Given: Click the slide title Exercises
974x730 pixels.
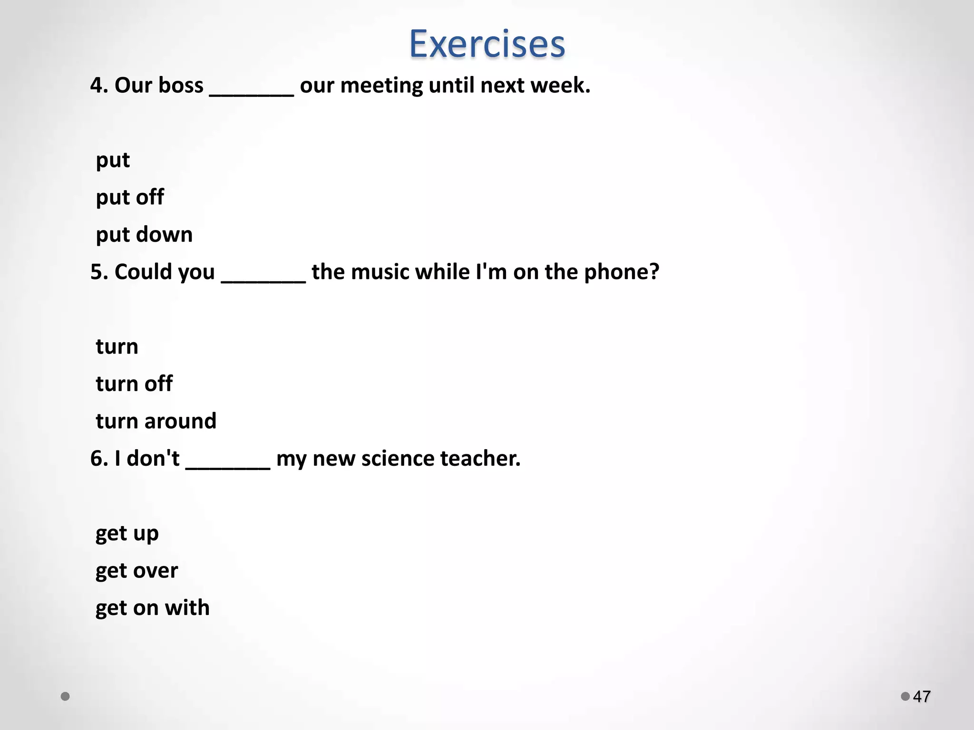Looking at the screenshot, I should click(x=487, y=44).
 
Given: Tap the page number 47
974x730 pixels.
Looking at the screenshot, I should click(x=922, y=697).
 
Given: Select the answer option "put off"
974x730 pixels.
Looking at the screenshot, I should click(x=130, y=197).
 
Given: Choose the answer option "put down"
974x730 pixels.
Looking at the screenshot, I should click(x=144, y=235).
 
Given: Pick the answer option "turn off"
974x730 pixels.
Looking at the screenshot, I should click(x=134, y=384).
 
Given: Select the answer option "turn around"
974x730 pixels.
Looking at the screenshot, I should click(x=156, y=421).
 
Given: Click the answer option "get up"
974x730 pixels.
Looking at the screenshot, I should click(x=127, y=533).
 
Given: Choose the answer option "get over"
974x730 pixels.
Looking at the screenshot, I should click(x=136, y=570).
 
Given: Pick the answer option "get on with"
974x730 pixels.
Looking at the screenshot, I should click(x=152, y=608).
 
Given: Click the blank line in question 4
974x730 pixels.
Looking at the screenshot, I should click(x=252, y=93).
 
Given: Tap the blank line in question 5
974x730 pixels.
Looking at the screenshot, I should click(x=263, y=279).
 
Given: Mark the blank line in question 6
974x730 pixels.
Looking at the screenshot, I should click(x=228, y=466).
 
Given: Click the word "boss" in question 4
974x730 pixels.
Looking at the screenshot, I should click(x=180, y=86).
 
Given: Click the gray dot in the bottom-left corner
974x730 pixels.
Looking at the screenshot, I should click(x=66, y=696).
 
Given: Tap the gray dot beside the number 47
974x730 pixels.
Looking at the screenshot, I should click(x=905, y=696).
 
